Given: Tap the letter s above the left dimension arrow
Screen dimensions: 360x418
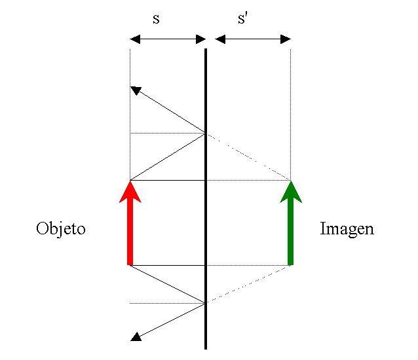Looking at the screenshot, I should point(156,18).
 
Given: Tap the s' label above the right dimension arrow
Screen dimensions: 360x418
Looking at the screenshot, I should point(243,18).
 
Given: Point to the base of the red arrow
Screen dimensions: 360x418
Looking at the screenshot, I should point(130,264).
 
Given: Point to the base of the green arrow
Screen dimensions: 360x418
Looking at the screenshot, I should point(290,264).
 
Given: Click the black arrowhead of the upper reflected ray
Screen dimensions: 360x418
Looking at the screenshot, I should point(135,90).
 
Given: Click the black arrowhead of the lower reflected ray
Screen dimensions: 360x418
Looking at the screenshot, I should point(135,337).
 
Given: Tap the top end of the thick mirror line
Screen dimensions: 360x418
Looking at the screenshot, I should point(206,50).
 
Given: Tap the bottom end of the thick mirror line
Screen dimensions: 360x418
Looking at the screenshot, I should point(206,348).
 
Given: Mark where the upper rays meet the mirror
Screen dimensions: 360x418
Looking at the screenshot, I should point(206,134).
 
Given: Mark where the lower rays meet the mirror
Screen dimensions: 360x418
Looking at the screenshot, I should point(206,303).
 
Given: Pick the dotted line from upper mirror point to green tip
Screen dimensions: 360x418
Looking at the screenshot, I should point(248,157).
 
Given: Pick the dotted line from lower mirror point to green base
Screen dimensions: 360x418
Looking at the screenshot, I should point(248,284).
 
